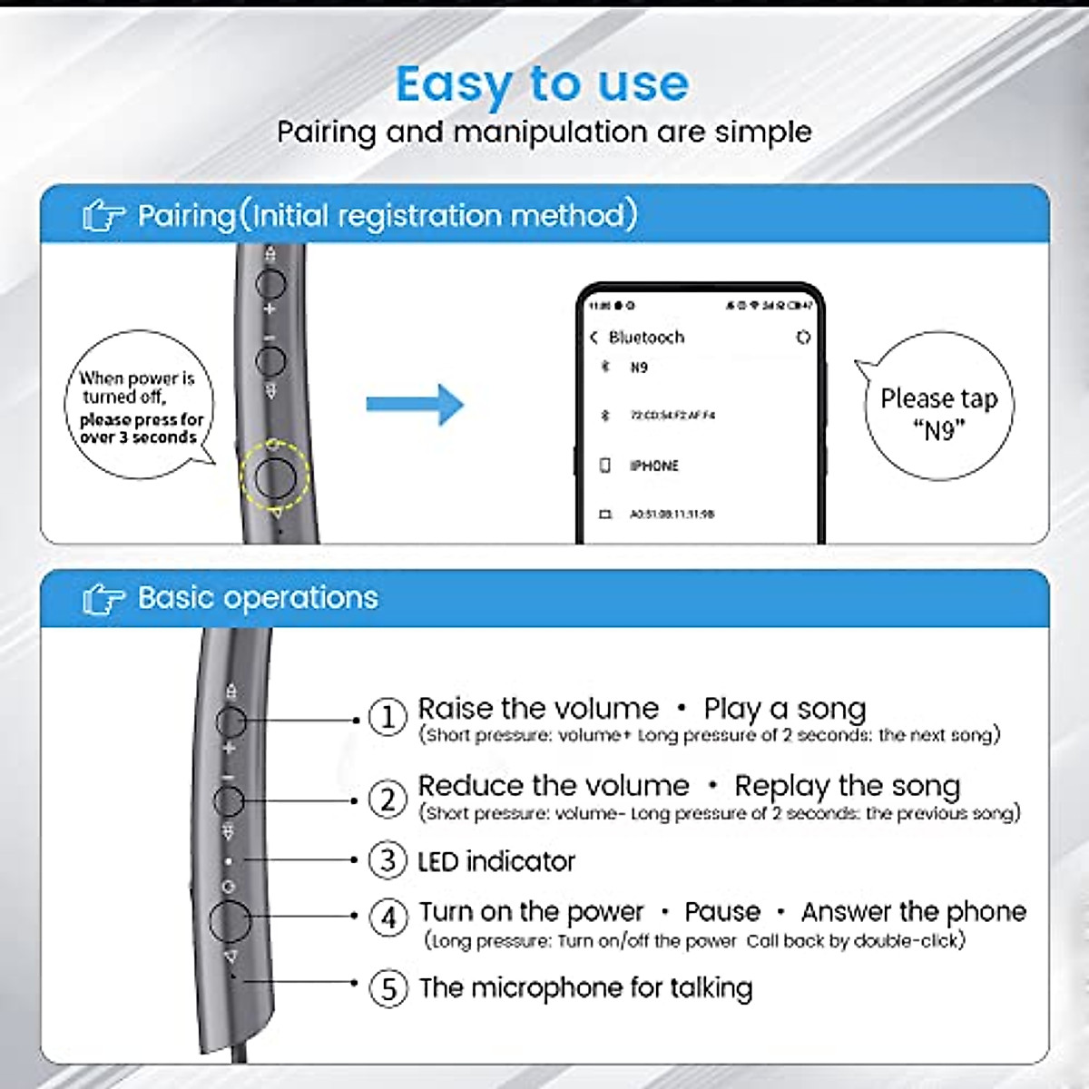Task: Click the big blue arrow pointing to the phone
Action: point(416,404)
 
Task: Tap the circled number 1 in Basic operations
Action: point(388,718)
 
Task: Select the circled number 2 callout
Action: point(388,800)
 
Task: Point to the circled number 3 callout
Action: point(388,860)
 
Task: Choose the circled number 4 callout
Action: point(388,917)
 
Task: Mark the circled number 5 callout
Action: point(388,987)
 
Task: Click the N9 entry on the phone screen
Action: point(639,368)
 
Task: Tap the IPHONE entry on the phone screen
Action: point(653,466)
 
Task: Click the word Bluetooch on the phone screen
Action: point(646,338)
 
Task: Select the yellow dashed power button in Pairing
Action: point(275,475)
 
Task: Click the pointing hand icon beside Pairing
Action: point(103,217)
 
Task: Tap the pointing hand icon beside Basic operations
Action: point(103,599)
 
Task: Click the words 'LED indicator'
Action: point(496,861)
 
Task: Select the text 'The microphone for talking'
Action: point(585,987)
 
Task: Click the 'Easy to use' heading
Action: point(542,84)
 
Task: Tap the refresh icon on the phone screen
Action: point(802,338)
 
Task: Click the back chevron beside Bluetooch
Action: point(594,338)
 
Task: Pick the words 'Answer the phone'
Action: point(913,911)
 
